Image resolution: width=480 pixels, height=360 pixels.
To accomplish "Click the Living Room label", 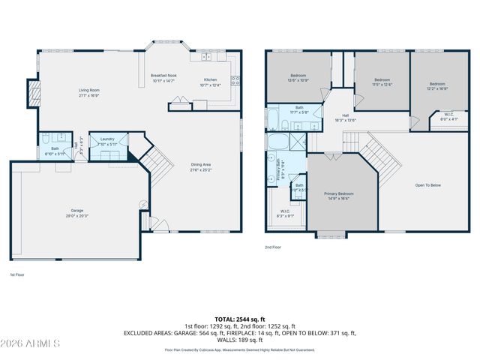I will tap(89, 93).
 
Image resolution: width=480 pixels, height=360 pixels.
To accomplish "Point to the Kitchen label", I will tap(211, 82).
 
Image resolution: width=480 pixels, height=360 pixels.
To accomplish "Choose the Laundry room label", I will tap(108, 140).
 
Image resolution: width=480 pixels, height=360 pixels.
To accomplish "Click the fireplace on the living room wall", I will tap(32, 93).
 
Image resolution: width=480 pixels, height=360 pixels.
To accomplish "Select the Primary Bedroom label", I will tap(339, 196).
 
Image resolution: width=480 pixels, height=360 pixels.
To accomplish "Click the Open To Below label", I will tap(428, 185).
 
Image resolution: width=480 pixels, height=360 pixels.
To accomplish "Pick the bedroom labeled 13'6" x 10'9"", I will tap(298, 77).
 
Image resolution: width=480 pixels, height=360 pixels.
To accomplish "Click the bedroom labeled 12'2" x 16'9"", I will tap(438, 85).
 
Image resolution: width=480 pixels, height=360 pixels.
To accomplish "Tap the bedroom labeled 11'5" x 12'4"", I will tap(382, 82).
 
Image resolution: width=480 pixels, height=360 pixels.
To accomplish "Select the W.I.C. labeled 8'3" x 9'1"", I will tap(286, 213).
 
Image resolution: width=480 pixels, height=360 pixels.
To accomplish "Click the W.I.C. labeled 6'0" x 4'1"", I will tap(449, 117).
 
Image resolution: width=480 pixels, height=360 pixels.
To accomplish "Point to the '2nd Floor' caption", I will tap(272, 247).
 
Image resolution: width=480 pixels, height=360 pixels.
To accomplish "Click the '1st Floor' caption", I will tap(16, 275).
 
